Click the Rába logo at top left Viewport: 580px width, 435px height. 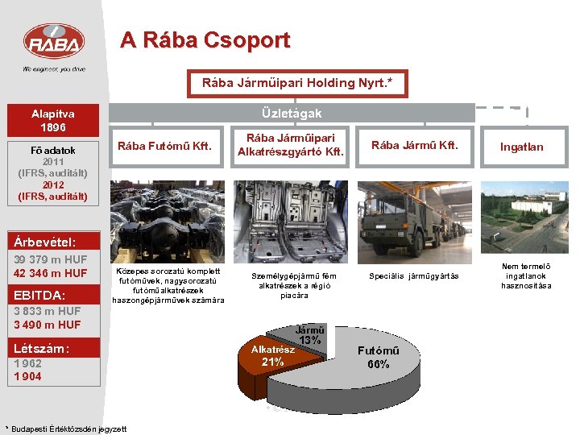[x=53, y=42]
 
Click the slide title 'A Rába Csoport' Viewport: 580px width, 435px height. [x=205, y=39]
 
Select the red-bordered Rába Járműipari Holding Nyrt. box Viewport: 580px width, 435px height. [x=296, y=83]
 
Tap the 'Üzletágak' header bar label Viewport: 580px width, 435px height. [x=291, y=114]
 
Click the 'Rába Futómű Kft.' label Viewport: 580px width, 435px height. [x=164, y=146]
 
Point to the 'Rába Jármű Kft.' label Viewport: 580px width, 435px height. [x=414, y=146]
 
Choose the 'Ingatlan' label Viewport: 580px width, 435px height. [x=521, y=147]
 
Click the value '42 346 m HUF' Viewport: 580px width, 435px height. [x=51, y=273]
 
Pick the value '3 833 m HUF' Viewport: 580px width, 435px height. [x=47, y=311]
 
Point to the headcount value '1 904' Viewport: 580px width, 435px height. [x=27, y=376]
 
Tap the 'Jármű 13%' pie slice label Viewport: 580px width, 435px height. [x=310, y=334]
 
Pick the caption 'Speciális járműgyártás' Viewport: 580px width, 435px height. [x=413, y=276]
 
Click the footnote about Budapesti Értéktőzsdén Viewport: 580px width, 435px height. [x=66, y=429]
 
